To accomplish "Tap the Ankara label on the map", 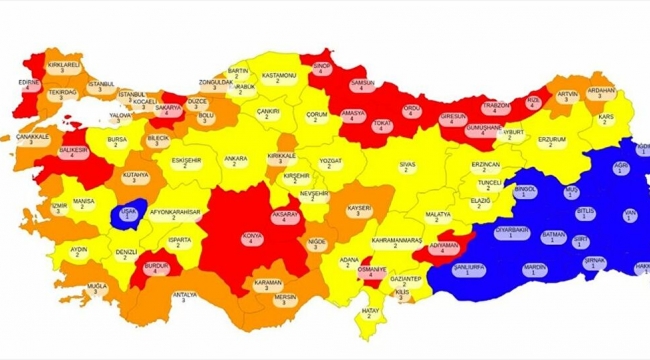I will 236,162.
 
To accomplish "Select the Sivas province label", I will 407,164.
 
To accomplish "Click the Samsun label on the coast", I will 361,85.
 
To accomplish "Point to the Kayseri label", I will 361,211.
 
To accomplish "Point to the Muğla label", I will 97,289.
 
